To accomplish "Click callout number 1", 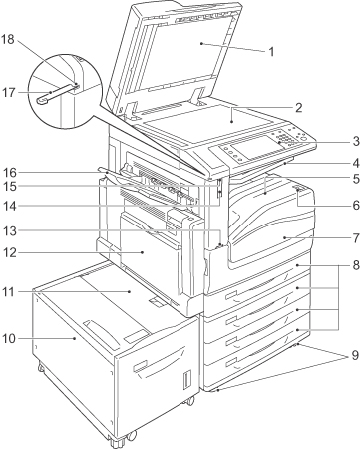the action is click(x=271, y=52).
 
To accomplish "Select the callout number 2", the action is click(x=298, y=107).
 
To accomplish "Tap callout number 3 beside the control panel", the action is click(x=356, y=141).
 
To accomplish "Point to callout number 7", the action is click(x=356, y=238).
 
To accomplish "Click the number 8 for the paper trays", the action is click(x=356, y=265).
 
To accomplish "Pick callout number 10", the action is click(x=10, y=338).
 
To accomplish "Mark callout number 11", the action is click(x=9, y=292).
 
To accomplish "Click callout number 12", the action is click(x=10, y=252).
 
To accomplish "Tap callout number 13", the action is click(x=10, y=230).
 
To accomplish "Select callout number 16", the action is click(x=10, y=173).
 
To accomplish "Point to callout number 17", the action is click(x=9, y=92).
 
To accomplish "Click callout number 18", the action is click(x=8, y=39).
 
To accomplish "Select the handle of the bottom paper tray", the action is click(x=231, y=362).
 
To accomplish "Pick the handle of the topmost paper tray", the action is click(x=231, y=295).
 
